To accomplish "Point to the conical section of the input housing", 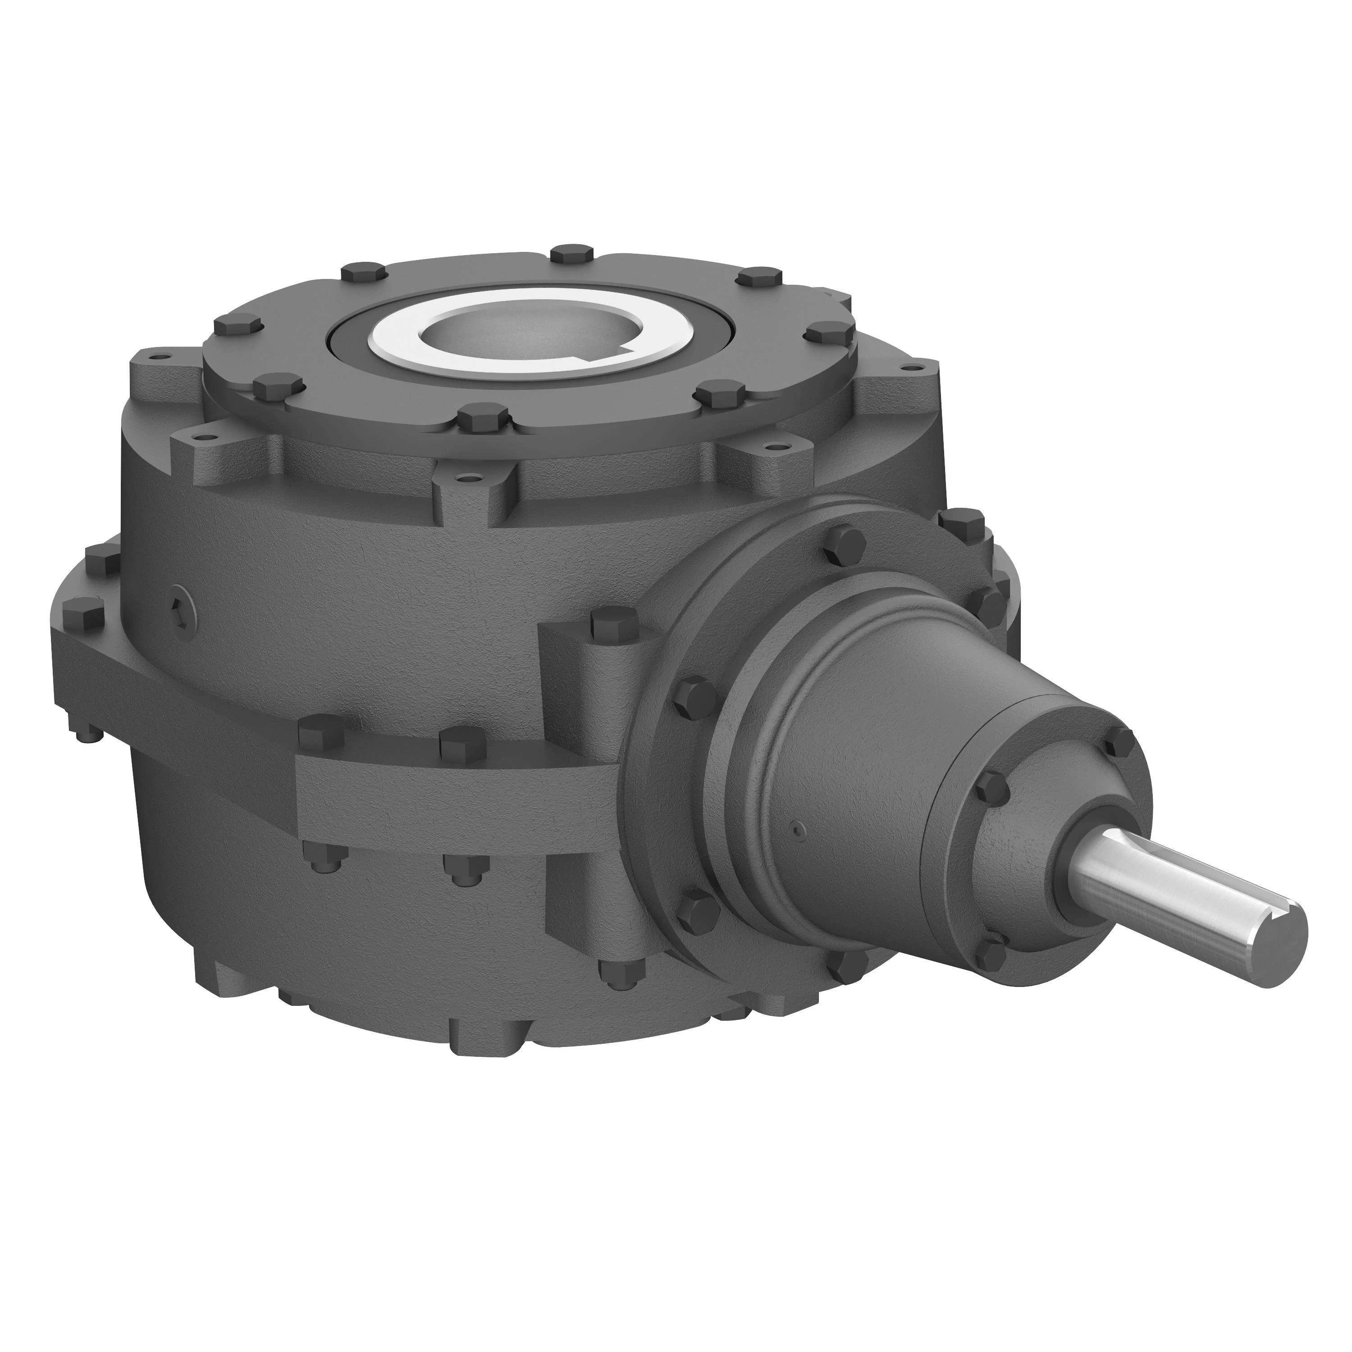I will [861, 756].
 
